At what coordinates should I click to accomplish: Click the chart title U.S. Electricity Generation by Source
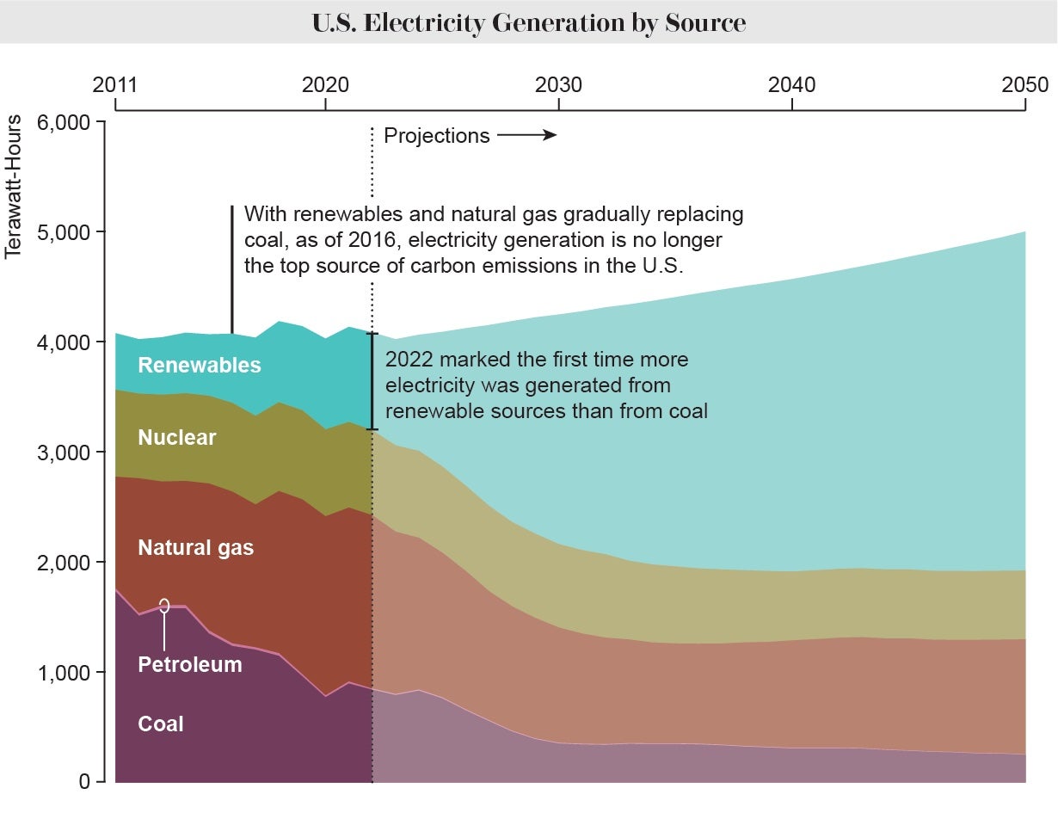pyautogui.click(x=528, y=22)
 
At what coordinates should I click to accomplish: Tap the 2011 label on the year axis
pyautogui.click(x=114, y=85)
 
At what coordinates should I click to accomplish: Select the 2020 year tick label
pyautogui.click(x=325, y=85)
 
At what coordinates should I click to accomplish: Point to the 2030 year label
pyautogui.click(x=558, y=85)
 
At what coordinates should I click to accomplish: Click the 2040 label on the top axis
pyautogui.click(x=791, y=85)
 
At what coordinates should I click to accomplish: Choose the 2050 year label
pyautogui.click(x=1024, y=85)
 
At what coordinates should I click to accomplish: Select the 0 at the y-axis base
pyautogui.click(x=84, y=782)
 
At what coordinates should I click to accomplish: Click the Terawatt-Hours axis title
pyautogui.click(x=13, y=187)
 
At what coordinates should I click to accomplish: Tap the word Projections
pyautogui.click(x=436, y=135)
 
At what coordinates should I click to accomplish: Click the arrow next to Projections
pyautogui.click(x=526, y=135)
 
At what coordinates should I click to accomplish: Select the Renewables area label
pyautogui.click(x=199, y=365)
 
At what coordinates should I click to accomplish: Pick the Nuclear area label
pyautogui.click(x=176, y=437)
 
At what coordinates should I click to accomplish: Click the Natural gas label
pyautogui.click(x=195, y=547)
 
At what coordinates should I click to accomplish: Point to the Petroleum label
pyautogui.click(x=189, y=664)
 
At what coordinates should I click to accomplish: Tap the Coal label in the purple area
pyautogui.click(x=161, y=724)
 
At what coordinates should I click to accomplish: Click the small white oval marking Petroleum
pyautogui.click(x=163, y=606)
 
